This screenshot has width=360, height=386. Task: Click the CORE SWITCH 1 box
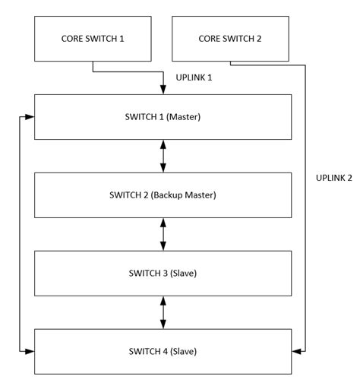[x=93, y=39]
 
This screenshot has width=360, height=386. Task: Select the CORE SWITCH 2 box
[x=230, y=39]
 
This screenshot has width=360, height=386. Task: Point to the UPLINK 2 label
[x=333, y=178]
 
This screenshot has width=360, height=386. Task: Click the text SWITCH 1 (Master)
[x=163, y=116]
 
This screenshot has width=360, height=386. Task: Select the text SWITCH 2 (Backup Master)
[x=163, y=195]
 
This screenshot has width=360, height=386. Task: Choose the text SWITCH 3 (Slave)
[x=163, y=273]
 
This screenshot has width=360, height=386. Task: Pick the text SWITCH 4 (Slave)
[x=163, y=351]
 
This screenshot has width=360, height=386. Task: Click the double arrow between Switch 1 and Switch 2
[x=163, y=156]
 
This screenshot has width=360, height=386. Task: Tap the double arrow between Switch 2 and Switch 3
[x=163, y=234]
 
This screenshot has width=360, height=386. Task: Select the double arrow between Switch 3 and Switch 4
[x=163, y=312]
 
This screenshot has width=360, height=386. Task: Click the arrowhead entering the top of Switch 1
[x=163, y=90]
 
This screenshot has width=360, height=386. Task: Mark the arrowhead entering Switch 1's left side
[x=30, y=117]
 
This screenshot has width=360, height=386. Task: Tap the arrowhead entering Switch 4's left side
[x=30, y=351]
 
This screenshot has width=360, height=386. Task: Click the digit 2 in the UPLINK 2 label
[x=349, y=178]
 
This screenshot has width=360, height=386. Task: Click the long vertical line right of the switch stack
[x=305, y=228]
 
